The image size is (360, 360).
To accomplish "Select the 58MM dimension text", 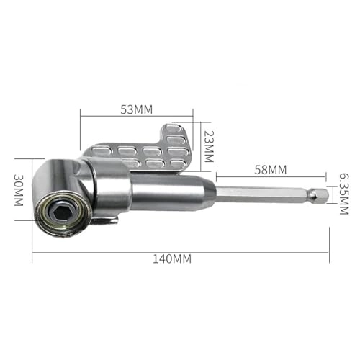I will pyautogui.click(x=271, y=170).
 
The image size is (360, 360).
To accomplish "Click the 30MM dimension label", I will pyautogui.click(x=19, y=194).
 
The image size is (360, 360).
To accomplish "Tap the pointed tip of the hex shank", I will pyautogui.click(x=325, y=194).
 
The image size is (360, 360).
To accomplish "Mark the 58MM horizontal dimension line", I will pyautogui.click(x=271, y=177).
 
